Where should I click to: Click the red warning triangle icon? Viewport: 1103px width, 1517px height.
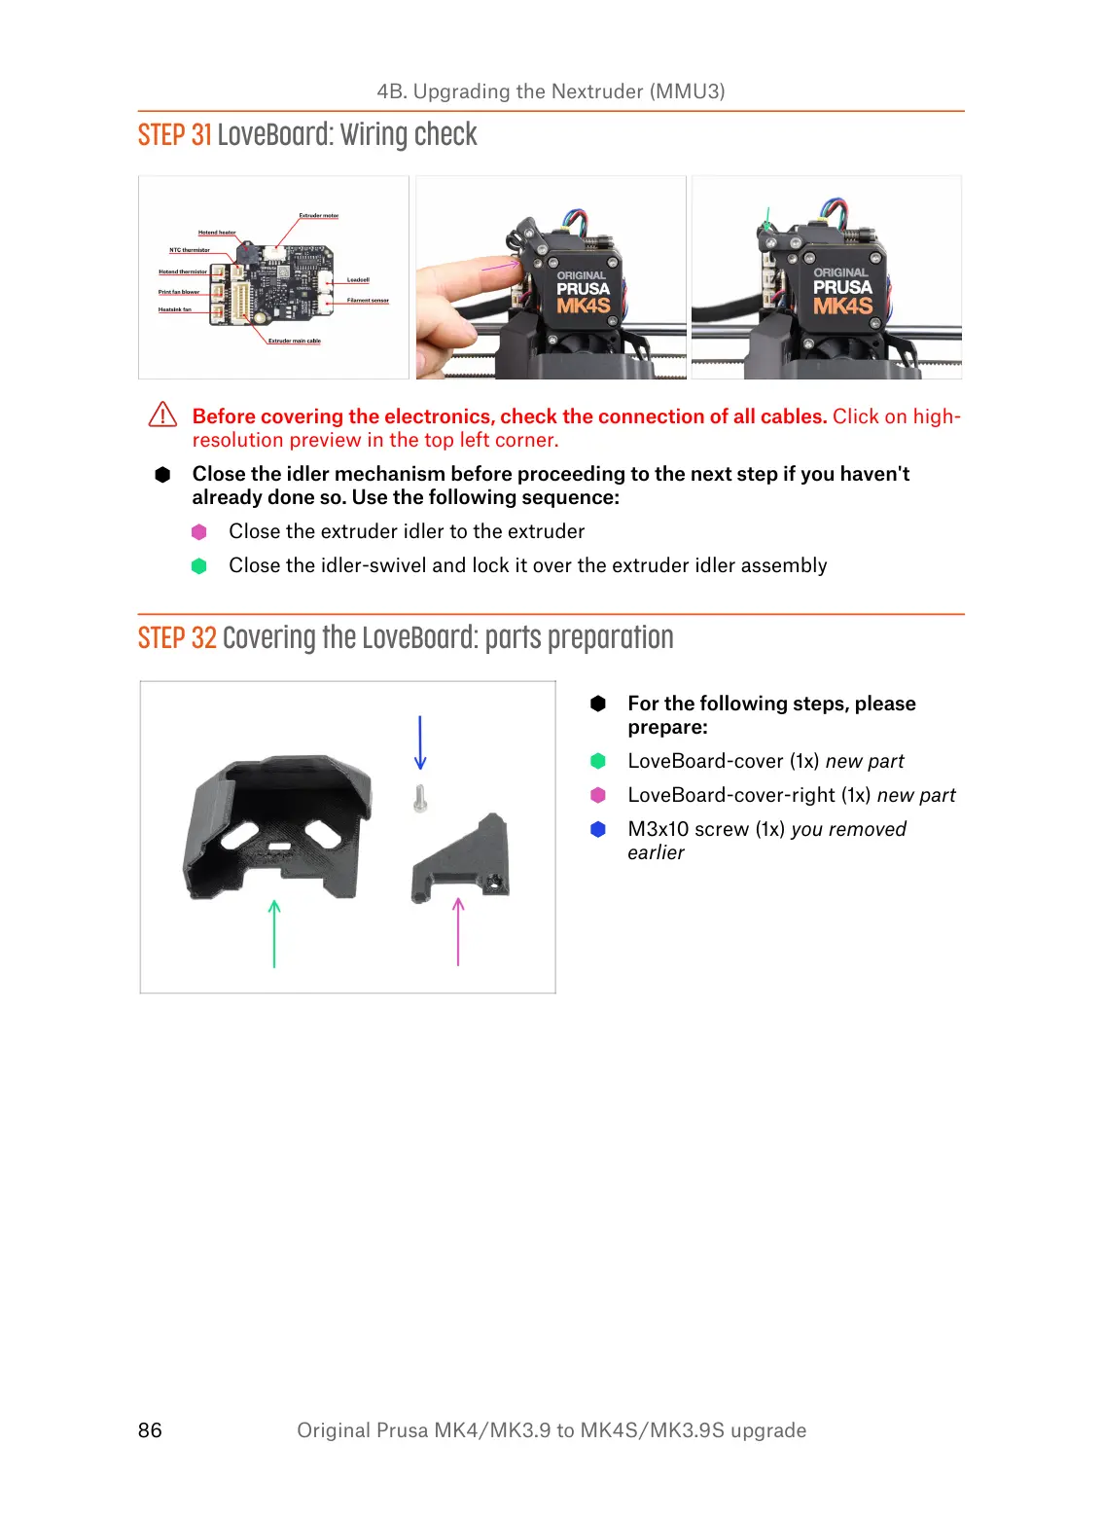(162, 415)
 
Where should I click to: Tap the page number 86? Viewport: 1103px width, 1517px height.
(150, 1429)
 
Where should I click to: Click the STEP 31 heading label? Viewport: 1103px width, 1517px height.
(174, 135)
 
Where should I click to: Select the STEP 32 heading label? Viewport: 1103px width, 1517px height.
(177, 638)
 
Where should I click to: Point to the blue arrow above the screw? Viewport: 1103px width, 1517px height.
(420, 742)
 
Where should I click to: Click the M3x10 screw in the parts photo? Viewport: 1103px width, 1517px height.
(420, 799)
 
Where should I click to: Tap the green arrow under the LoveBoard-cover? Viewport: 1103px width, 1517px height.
(274, 933)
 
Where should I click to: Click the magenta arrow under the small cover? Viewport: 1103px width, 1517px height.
(458, 931)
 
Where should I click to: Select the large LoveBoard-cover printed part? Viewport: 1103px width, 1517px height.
(278, 827)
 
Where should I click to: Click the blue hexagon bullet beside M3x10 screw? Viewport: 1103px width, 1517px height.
(598, 829)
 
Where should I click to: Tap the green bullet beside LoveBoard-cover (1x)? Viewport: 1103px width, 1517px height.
(598, 761)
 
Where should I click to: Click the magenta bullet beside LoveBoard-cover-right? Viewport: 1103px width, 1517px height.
(598, 795)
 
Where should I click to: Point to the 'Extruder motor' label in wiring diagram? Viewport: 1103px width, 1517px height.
(318, 216)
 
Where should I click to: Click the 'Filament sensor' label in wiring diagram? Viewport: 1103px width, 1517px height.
(368, 301)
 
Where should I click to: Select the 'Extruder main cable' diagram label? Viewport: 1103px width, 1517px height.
(294, 342)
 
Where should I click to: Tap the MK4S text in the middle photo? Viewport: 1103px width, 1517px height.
(583, 306)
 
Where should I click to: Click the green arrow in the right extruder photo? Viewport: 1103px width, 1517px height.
(767, 219)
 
